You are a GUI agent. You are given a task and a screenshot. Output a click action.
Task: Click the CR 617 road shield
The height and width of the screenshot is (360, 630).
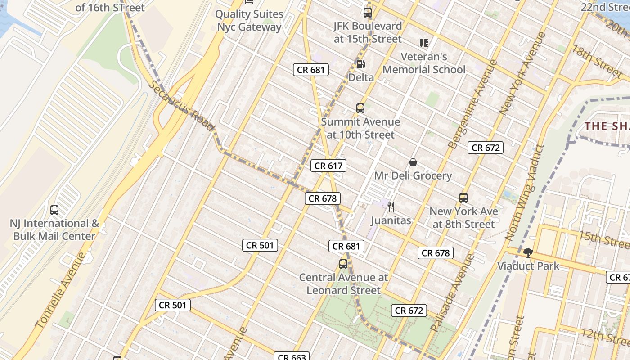pos(328,166)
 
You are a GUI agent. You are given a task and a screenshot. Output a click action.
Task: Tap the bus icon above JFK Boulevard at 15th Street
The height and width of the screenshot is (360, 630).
pos(368,12)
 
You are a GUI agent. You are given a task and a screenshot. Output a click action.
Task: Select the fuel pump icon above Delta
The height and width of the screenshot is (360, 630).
pos(360,64)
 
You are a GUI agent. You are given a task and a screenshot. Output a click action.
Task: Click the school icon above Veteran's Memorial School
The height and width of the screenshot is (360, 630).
pos(423,43)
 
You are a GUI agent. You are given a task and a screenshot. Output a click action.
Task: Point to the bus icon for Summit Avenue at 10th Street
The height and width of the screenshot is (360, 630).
pos(360,108)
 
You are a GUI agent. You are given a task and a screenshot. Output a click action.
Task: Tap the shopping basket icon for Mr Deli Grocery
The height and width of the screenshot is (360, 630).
pos(413,162)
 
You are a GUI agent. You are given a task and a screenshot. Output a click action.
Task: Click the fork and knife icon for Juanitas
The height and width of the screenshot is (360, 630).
pos(391,207)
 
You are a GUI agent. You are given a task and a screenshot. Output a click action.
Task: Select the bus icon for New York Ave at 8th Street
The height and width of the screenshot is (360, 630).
pos(463,198)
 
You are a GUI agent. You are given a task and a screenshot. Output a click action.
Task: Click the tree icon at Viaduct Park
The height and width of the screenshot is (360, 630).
pos(528,252)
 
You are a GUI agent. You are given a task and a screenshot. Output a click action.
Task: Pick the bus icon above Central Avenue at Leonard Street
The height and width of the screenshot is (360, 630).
pos(343,264)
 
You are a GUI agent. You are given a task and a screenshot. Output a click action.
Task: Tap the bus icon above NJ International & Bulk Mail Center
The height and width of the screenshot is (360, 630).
pos(54,210)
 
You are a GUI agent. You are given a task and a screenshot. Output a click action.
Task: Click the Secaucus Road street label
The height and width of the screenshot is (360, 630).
pos(181,106)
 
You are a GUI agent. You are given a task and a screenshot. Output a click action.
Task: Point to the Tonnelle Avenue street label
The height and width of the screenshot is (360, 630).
pos(60,290)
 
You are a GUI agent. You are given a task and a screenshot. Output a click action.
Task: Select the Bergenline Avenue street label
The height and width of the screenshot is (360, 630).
pos(473,104)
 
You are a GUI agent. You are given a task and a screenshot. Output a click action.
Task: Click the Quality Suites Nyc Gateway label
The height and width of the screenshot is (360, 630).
pos(249,20)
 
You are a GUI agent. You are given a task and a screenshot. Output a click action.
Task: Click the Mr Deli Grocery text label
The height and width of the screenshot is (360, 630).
pos(413,175)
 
